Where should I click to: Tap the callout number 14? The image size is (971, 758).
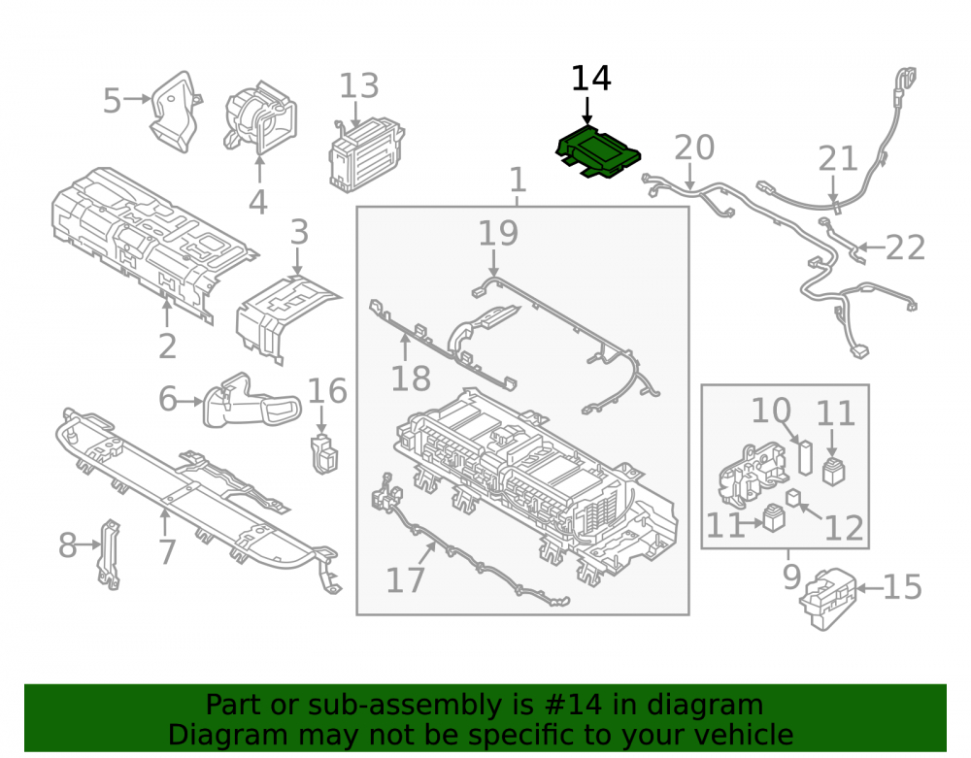click(590, 79)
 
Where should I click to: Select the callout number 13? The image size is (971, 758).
click(359, 86)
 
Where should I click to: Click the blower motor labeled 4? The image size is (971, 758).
click(260, 117)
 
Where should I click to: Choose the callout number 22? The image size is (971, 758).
click(905, 247)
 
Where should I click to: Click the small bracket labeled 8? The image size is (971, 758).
click(110, 554)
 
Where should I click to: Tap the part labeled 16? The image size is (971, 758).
click(324, 455)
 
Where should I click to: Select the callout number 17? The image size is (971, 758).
click(405, 580)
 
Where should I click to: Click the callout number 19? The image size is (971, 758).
click(498, 233)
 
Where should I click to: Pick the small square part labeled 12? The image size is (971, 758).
click(792, 497)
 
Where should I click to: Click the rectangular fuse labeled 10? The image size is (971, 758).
click(805, 457)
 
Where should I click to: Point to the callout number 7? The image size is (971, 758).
click(167, 552)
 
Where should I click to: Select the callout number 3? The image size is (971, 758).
click(299, 233)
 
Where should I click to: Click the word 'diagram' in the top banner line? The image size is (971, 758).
click(705, 705)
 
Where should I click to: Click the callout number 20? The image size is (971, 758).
click(694, 148)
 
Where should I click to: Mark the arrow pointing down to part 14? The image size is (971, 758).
click(587, 111)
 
